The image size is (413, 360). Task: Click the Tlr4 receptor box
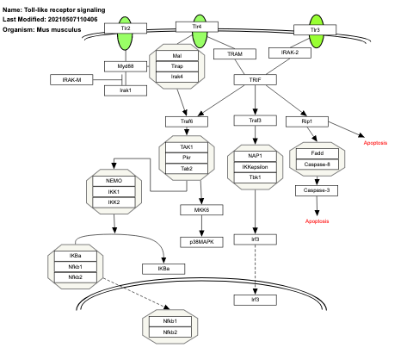pyautogui.click(x=198, y=28)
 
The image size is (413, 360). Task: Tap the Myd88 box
pyautogui.click(x=126, y=65)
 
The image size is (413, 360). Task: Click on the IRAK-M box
pyautogui.click(x=71, y=79)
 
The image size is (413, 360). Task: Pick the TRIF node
pyautogui.click(x=255, y=79)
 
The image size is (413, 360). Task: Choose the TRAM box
pyautogui.click(x=234, y=53)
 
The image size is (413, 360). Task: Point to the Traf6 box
pyautogui.click(x=186, y=121)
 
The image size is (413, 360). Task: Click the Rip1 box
pyautogui.click(x=306, y=121)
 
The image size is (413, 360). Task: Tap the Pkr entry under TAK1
pyautogui.click(x=186, y=158)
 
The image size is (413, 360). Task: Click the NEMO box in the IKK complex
pyautogui.click(x=114, y=182)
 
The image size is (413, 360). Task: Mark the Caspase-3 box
pyautogui.click(x=317, y=189)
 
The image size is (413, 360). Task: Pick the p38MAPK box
pyautogui.click(x=200, y=242)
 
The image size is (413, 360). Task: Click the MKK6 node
pyautogui.click(x=200, y=209)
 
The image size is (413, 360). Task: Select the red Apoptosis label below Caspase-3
pyautogui.click(x=317, y=221)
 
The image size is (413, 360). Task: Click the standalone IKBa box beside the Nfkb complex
pyautogui.click(x=163, y=269)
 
